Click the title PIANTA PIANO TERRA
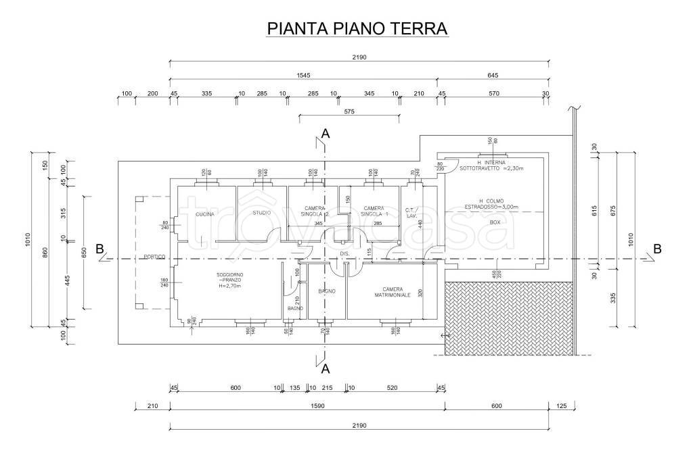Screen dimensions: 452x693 pyautogui.click(x=358, y=28)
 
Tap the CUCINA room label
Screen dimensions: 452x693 pyautogui.click(x=205, y=214)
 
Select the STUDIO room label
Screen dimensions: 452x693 pyautogui.click(x=261, y=214)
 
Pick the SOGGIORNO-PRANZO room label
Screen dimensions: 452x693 pyautogui.click(x=230, y=277)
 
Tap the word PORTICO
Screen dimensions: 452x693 pyautogui.click(x=154, y=257)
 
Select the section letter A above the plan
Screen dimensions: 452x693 pyautogui.click(x=326, y=134)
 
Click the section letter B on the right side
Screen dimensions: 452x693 pyautogui.click(x=656, y=249)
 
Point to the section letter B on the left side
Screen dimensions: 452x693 pyautogui.click(x=99, y=249)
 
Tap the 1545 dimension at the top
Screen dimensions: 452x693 pyautogui.click(x=303, y=76)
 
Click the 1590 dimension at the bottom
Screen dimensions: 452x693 pyautogui.click(x=307, y=407)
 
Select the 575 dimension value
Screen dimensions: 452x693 pyautogui.click(x=349, y=111)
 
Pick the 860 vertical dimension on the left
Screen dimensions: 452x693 pyautogui.click(x=45, y=253)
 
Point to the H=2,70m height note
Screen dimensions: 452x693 pyautogui.click(x=230, y=286)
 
